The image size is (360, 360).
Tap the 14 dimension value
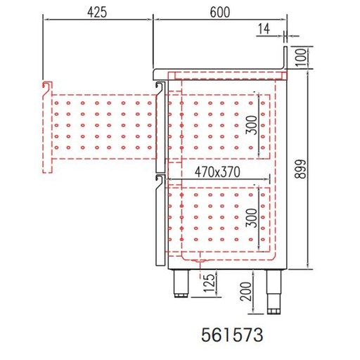tap(264, 28)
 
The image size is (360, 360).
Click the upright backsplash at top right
tap(285, 56)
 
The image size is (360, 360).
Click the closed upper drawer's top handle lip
tap(160, 86)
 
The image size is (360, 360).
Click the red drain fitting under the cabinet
tap(199, 262)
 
